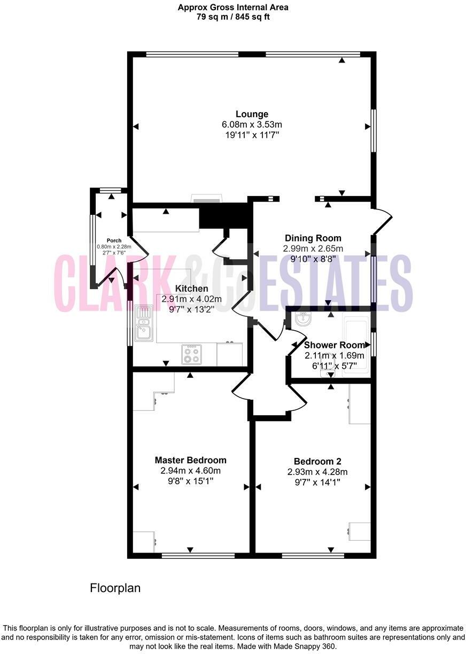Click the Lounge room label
point(252,114)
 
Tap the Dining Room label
point(313,238)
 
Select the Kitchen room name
point(192,289)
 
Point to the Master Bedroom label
point(190,460)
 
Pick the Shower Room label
point(335,345)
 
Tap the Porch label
point(114,240)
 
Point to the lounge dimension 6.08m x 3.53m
point(252,124)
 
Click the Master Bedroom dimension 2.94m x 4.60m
point(190,471)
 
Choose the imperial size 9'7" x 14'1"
point(317,482)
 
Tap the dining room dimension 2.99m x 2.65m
point(313,248)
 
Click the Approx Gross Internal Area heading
point(233,7)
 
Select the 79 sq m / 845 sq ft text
point(233,17)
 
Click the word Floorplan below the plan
point(115,588)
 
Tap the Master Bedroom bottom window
point(198,556)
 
